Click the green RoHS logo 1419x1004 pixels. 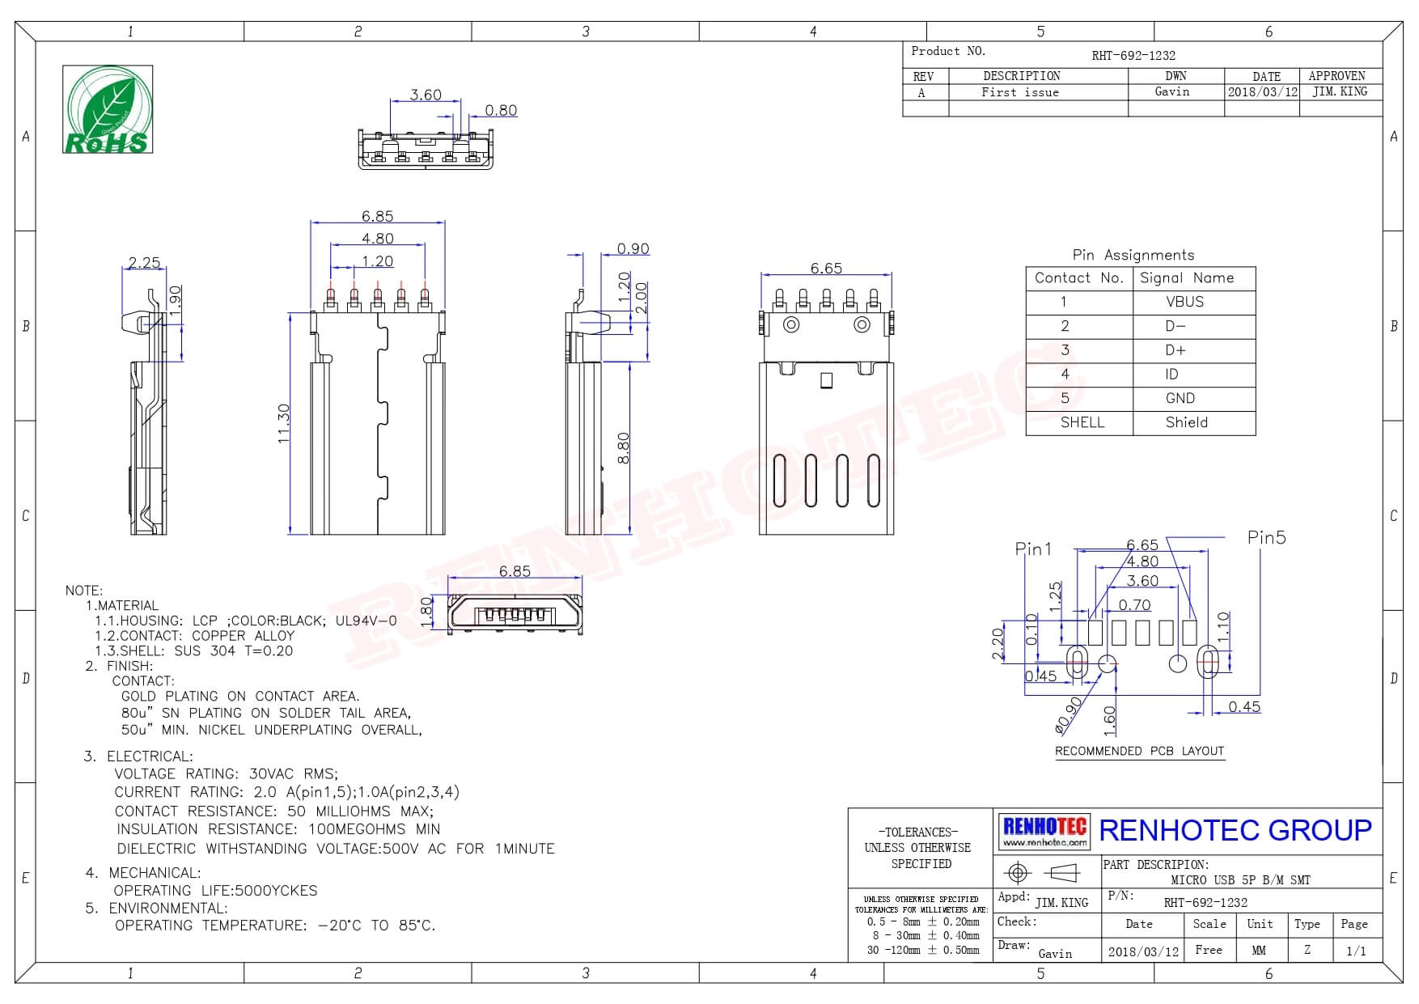pyautogui.click(x=108, y=109)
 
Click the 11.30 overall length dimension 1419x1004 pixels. pyautogui.click(x=283, y=423)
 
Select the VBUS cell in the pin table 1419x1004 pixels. pyautogui.click(x=1184, y=302)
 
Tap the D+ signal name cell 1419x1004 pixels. pyautogui.click(x=1175, y=350)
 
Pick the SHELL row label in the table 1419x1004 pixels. pyautogui.click(x=1082, y=422)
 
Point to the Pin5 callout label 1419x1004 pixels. pyautogui.click(x=1266, y=537)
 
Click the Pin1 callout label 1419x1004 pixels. pyautogui.click(x=1033, y=549)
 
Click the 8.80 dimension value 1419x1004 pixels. pyautogui.click(x=623, y=448)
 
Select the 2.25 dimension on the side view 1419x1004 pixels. pyautogui.click(x=144, y=262)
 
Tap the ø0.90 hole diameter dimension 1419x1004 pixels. pyautogui.click(x=1069, y=715)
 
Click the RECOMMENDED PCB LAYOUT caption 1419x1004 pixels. pyautogui.click(x=1139, y=751)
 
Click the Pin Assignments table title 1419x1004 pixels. pyautogui.click(x=1133, y=255)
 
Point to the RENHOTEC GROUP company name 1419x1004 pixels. pyautogui.click(x=1235, y=830)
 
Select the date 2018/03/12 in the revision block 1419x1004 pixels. pyautogui.click(x=1262, y=92)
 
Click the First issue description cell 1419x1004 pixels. pyautogui.click(x=1020, y=92)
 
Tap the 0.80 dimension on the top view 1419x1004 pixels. pyautogui.click(x=501, y=110)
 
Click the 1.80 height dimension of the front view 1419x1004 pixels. pyautogui.click(x=427, y=612)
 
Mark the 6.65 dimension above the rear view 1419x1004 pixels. pyautogui.click(x=826, y=268)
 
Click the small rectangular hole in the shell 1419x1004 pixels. pyautogui.click(x=826, y=380)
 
